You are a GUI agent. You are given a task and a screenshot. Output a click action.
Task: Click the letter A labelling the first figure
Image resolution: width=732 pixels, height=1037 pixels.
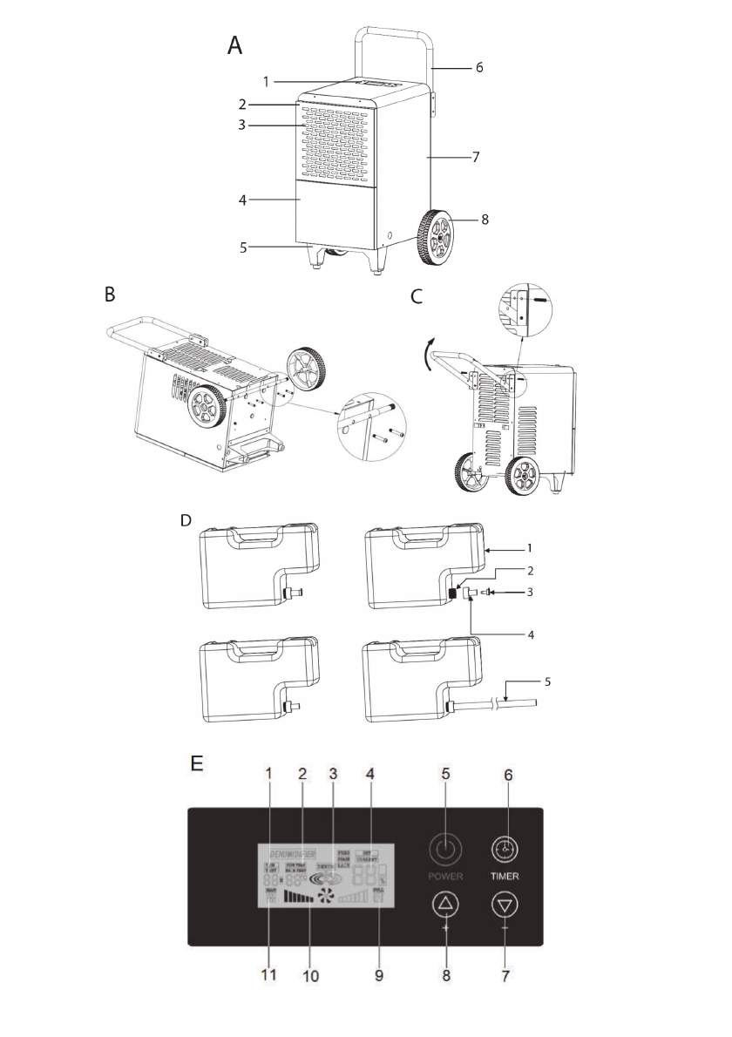(x=234, y=46)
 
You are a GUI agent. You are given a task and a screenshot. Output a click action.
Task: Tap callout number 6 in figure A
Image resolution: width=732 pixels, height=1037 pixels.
(x=478, y=66)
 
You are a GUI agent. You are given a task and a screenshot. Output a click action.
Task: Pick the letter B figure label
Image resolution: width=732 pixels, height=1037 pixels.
(x=110, y=295)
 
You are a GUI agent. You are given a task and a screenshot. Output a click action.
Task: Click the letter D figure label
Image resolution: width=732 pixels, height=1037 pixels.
(x=185, y=520)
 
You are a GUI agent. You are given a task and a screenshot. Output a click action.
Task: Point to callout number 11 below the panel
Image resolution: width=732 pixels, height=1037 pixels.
(x=268, y=976)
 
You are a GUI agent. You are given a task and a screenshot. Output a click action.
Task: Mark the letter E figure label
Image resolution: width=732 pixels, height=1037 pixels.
(x=198, y=763)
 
